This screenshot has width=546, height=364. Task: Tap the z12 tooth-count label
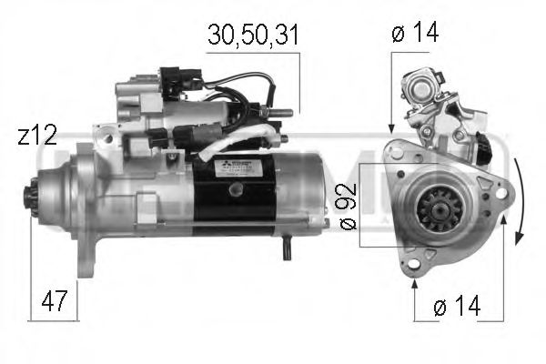tap(37, 136)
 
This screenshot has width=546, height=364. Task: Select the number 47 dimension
tap(54, 301)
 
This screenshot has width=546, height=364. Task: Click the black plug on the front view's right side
tap(494, 146)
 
